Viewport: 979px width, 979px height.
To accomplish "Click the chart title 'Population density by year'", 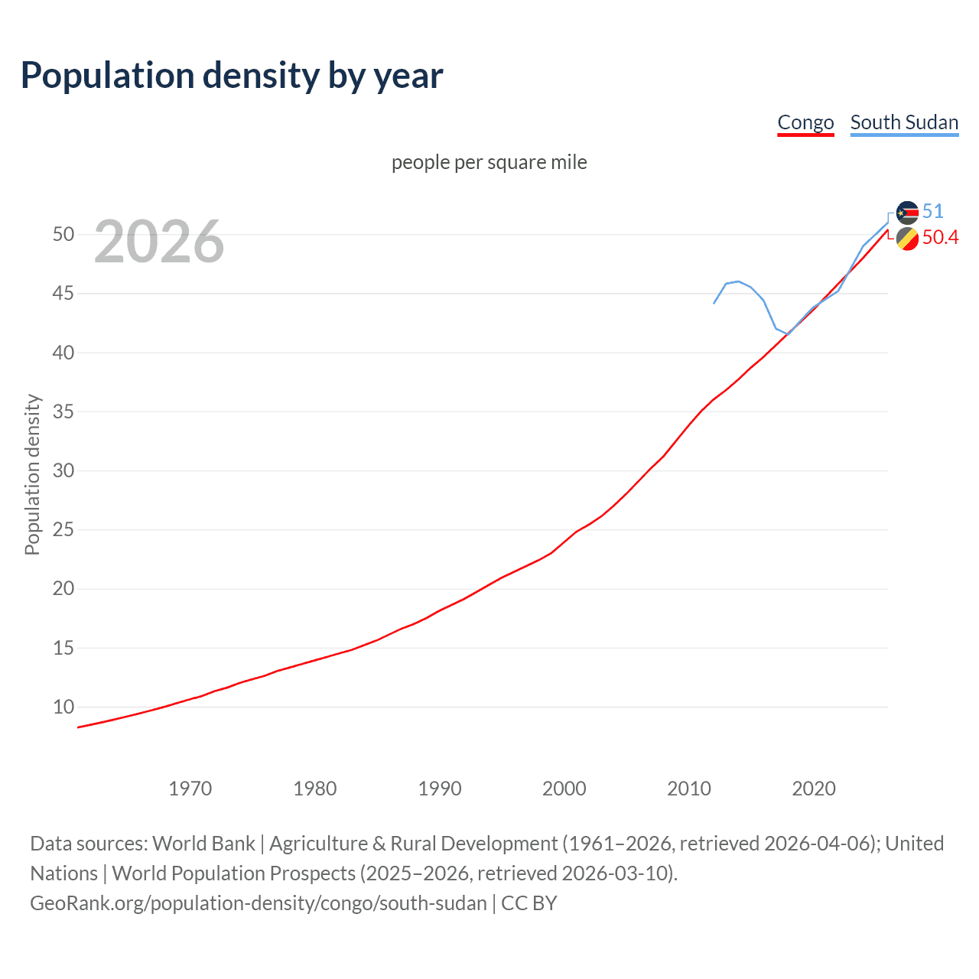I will click(232, 75).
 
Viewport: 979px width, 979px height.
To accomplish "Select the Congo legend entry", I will click(805, 122).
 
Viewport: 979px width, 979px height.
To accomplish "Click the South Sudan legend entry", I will click(904, 122).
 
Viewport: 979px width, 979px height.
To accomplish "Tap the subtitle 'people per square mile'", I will click(489, 162).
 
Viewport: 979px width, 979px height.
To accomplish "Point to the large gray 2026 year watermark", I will click(159, 242).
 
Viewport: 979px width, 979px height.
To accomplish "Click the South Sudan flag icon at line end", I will click(907, 213).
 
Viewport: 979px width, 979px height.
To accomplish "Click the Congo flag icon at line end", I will click(907, 239).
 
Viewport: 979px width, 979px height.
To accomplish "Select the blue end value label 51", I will click(933, 212).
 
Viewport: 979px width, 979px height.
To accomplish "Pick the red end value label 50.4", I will click(940, 238).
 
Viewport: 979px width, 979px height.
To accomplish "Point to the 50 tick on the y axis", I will click(63, 235).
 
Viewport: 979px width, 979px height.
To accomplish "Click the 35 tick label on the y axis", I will click(63, 412).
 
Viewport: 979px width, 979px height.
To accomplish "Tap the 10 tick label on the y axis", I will click(63, 707).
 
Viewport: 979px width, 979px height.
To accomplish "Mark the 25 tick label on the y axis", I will click(63, 530).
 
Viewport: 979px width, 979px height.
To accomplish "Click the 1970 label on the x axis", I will click(190, 789).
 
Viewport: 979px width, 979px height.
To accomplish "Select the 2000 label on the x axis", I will click(564, 789).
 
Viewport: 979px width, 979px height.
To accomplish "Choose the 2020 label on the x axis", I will click(814, 789).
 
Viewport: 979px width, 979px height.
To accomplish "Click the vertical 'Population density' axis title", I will click(32, 474).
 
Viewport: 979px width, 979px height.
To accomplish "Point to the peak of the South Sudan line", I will click(737, 281).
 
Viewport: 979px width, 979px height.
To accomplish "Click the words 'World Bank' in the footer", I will click(203, 844).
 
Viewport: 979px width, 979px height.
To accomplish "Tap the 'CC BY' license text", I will click(529, 903).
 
